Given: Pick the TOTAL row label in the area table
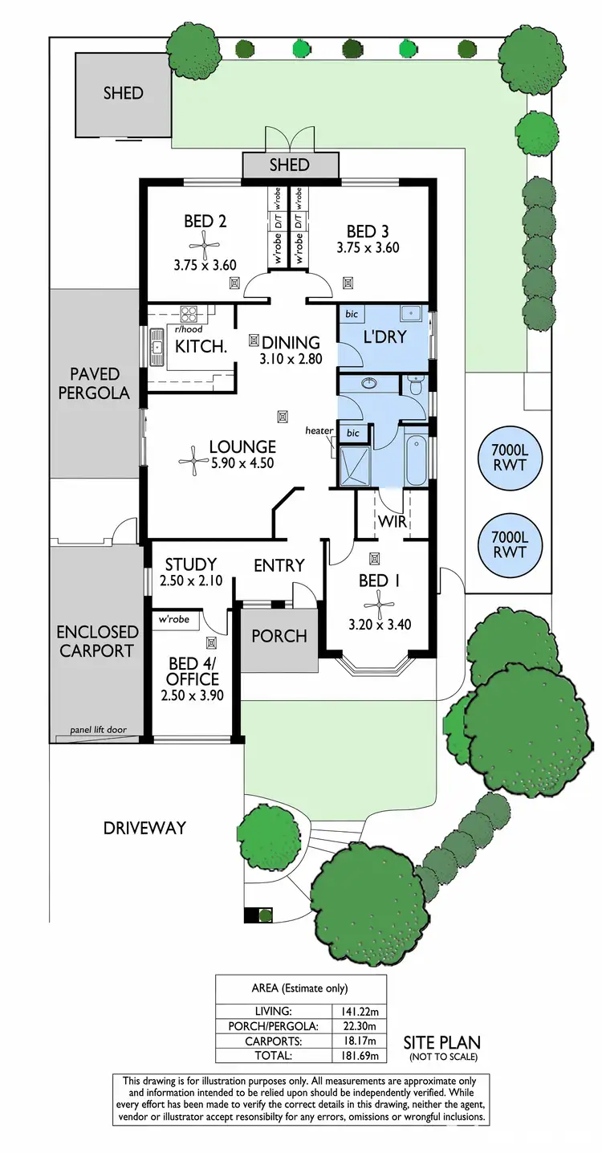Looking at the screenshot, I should point(273,1055).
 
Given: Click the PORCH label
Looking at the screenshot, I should point(279,636).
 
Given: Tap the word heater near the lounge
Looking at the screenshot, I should point(319,431).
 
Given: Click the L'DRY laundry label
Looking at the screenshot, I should point(384,337).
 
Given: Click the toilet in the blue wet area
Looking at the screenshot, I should point(414,388).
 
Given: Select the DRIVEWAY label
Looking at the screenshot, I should point(144,828).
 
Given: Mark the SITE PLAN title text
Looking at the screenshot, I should point(441,1042).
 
